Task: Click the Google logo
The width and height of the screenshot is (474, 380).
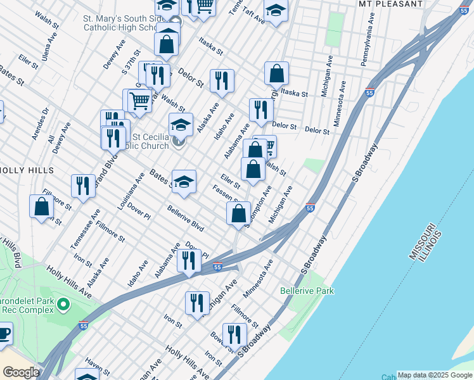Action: click(21, 372)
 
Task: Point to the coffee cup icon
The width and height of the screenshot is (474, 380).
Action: click(4, 333)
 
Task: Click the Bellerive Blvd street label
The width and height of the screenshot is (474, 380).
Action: click(185, 218)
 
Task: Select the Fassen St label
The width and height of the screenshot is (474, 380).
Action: click(226, 193)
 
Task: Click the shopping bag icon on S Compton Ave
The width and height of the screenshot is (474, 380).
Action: click(239, 213)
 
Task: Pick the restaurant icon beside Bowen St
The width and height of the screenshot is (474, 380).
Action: click(235, 335)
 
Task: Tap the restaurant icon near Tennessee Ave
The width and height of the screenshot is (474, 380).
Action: click(83, 186)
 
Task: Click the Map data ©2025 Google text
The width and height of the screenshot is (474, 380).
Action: click(435, 375)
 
